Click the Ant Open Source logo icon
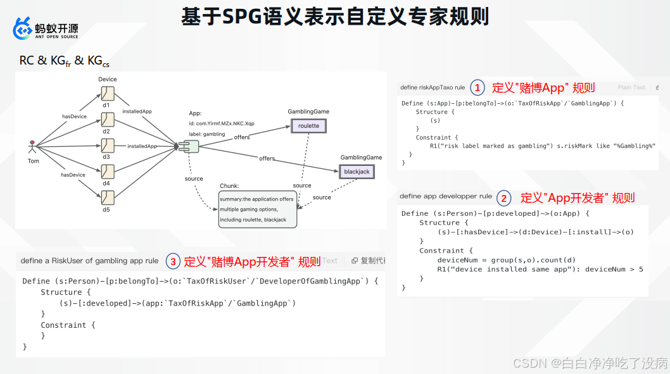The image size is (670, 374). click(x=23, y=28)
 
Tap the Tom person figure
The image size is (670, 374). click(x=32, y=147)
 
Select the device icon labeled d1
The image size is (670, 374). click(x=107, y=94)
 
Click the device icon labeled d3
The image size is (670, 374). click(x=107, y=145)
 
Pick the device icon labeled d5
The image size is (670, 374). click(x=107, y=197)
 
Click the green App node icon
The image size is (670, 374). click(x=189, y=147)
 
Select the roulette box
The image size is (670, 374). click(x=309, y=126)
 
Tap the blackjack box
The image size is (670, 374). click(x=357, y=171)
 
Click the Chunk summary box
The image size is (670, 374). click(x=257, y=209)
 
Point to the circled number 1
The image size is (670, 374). click(x=477, y=87)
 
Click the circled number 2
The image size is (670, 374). click(x=503, y=198)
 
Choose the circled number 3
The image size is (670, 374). click(x=173, y=261)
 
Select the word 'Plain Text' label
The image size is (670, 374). click(x=631, y=87)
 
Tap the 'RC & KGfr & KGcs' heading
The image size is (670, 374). click(x=64, y=61)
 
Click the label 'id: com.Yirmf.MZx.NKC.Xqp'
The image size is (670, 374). click(x=222, y=123)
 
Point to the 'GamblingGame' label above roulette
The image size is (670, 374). click(x=308, y=111)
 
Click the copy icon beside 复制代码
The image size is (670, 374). click(x=355, y=261)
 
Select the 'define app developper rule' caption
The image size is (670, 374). click(x=446, y=196)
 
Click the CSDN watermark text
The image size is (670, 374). click(x=590, y=363)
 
